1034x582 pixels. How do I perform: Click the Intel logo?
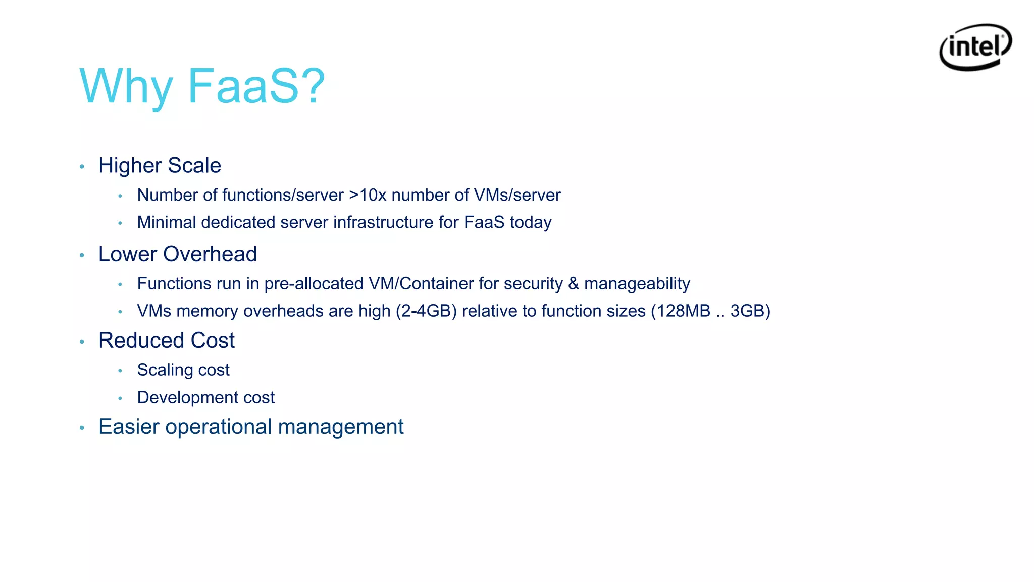[x=975, y=47]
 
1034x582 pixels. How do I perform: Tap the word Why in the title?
[x=126, y=86]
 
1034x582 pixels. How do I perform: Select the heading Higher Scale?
[x=160, y=166]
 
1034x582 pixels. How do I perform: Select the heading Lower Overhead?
[x=178, y=254]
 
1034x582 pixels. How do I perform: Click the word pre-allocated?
[x=314, y=284]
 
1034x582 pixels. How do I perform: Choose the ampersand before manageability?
[x=574, y=284]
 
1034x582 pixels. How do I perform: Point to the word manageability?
[x=637, y=284]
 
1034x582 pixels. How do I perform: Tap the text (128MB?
[x=681, y=311]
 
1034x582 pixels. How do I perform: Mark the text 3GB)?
[x=750, y=311]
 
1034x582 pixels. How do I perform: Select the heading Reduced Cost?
[x=167, y=341]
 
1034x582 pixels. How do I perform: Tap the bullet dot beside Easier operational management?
[x=82, y=428]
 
